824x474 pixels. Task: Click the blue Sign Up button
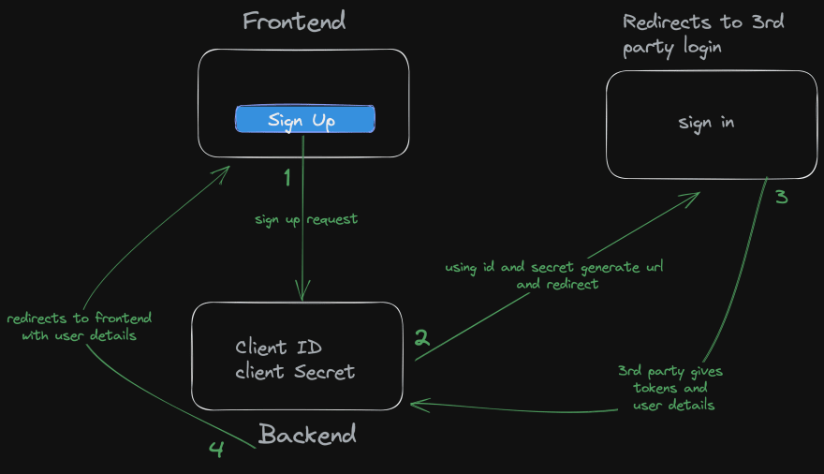(304, 120)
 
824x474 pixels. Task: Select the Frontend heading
(293, 22)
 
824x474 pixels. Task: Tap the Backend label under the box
(307, 435)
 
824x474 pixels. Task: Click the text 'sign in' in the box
(706, 123)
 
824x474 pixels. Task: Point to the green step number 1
(287, 175)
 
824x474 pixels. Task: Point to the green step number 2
(422, 338)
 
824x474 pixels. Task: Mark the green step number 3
(782, 198)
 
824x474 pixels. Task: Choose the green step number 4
(216, 450)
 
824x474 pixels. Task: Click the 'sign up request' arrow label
(306, 219)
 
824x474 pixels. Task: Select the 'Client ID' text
(278, 348)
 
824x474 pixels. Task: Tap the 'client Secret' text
(295, 372)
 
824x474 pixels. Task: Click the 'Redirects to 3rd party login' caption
(689, 35)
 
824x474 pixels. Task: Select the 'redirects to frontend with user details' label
(78, 327)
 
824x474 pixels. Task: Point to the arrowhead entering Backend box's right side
(416, 405)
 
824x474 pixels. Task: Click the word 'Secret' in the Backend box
(325, 372)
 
